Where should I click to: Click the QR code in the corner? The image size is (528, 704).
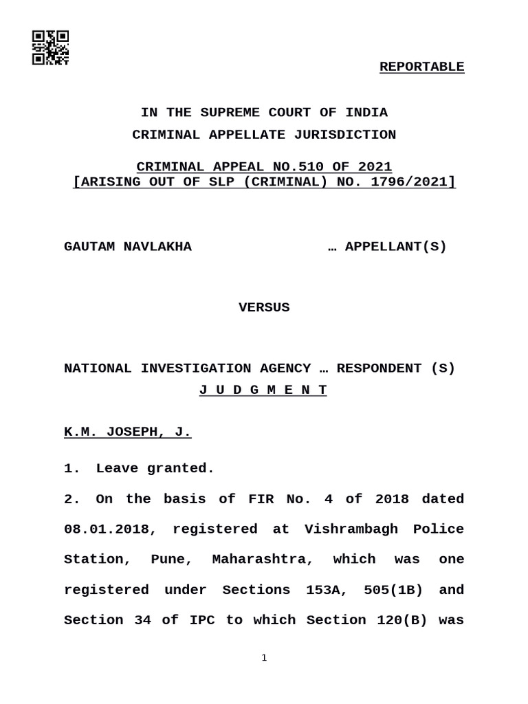point(50,47)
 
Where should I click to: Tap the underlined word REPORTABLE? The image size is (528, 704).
point(421,67)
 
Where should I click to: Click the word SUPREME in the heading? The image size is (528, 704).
point(230,112)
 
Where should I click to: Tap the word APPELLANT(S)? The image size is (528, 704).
point(395,247)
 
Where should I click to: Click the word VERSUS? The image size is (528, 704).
point(264,307)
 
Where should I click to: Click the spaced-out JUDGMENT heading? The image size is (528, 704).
point(263,390)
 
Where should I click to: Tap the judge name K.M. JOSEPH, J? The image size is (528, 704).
point(127,432)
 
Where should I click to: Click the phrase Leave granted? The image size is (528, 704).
point(155,468)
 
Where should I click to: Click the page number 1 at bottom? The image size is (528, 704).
point(264,659)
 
